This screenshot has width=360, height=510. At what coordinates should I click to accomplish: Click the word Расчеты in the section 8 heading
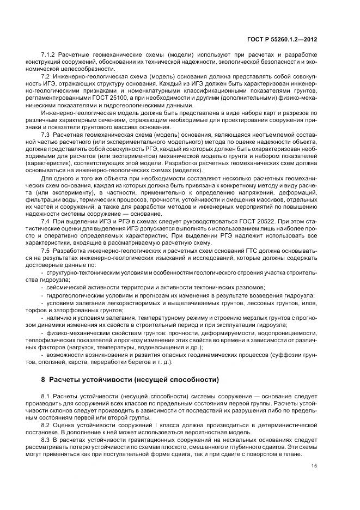68,379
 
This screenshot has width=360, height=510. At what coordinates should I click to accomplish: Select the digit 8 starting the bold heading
44,379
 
